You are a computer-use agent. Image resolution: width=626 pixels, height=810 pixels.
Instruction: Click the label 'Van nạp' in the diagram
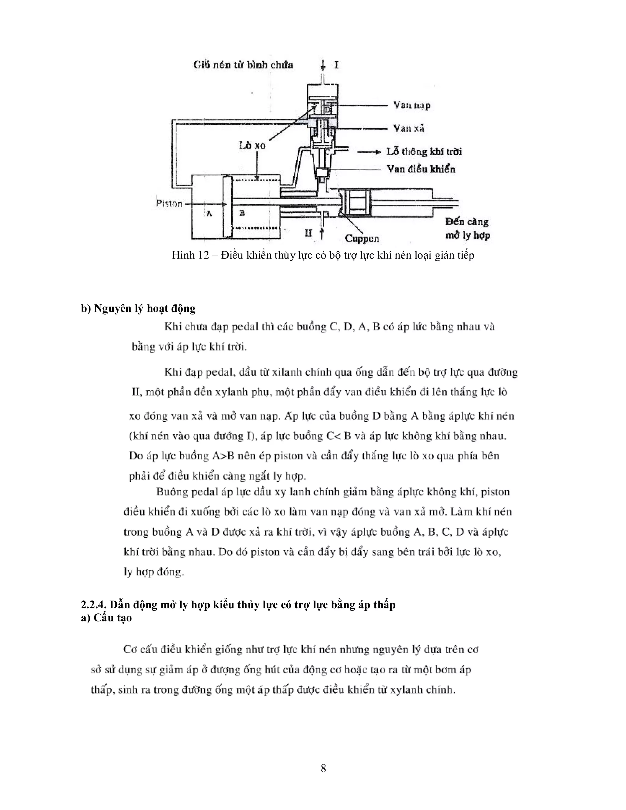pyautogui.click(x=412, y=105)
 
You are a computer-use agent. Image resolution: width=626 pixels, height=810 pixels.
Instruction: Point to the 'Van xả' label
pyautogui.click(x=408, y=128)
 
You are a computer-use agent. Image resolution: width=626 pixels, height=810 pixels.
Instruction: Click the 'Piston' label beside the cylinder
pyautogui.click(x=169, y=204)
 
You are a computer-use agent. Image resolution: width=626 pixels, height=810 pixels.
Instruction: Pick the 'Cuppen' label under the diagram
pyautogui.click(x=362, y=238)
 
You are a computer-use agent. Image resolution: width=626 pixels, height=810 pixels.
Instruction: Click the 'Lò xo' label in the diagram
pyautogui.click(x=252, y=145)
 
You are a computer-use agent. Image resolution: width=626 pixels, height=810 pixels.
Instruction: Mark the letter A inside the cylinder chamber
pyautogui.click(x=209, y=214)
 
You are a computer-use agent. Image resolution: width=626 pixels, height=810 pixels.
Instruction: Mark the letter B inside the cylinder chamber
pyautogui.click(x=242, y=213)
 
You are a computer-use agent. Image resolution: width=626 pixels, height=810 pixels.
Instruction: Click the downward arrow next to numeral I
pyautogui.click(x=323, y=66)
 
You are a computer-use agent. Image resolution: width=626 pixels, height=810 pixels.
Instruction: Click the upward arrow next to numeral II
pyautogui.click(x=322, y=233)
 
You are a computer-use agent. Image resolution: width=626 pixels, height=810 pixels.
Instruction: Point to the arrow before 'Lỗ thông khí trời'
pyautogui.click(x=369, y=152)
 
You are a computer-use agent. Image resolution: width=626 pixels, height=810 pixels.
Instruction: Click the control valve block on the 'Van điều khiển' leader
pyautogui.click(x=322, y=172)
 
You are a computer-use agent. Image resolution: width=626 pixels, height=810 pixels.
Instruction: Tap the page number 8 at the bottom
pyautogui.click(x=323, y=768)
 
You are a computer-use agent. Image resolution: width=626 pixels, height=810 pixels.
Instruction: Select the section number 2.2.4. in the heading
pyautogui.click(x=94, y=605)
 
